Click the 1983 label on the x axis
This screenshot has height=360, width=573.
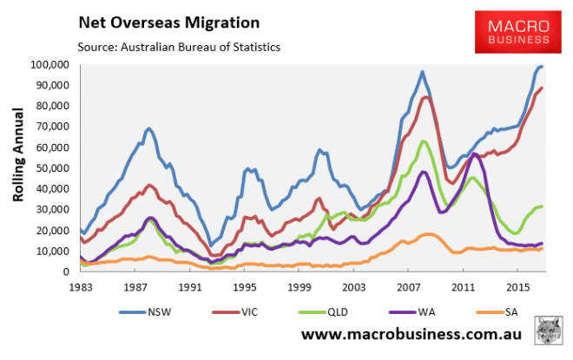tap(81, 285)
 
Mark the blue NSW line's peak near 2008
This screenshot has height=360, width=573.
tap(422, 72)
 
